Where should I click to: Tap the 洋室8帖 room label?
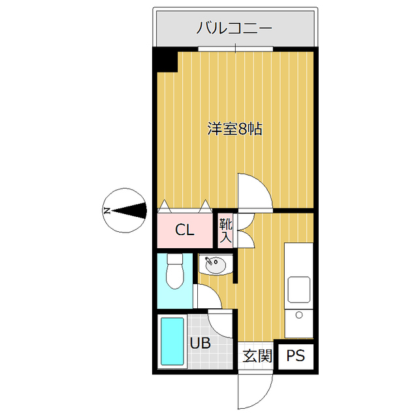pos(234,129)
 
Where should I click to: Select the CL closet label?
pos(185,230)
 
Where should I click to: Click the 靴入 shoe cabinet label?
pos(225,230)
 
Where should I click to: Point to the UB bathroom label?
pos(200,342)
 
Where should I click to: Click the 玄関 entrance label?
pos(257,357)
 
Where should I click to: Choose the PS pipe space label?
pos(295,357)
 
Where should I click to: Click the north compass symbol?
pos(124,210)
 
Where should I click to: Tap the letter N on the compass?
pos(106,211)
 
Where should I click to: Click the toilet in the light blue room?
pos(176,271)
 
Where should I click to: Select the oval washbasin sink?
pos(216,265)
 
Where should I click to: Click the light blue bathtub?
pos(173,342)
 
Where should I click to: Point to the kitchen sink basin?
pos(298,288)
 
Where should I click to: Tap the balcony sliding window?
pos(235,49)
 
